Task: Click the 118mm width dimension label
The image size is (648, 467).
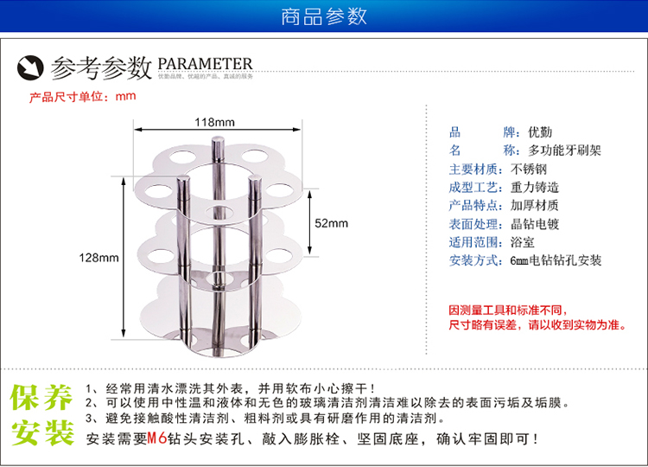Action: (x=213, y=122)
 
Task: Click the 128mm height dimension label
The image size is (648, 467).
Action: (x=99, y=258)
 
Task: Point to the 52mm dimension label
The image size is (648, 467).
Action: (x=330, y=223)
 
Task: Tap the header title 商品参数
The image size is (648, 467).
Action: (x=324, y=16)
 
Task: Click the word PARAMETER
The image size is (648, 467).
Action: (x=205, y=64)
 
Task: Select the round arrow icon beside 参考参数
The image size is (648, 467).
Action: (x=32, y=67)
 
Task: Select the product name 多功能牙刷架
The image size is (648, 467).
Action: (x=564, y=150)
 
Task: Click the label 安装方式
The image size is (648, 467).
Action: (x=474, y=259)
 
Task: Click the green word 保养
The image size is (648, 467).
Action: (x=41, y=399)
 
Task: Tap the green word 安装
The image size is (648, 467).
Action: (x=41, y=434)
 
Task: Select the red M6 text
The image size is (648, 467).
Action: (x=156, y=438)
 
